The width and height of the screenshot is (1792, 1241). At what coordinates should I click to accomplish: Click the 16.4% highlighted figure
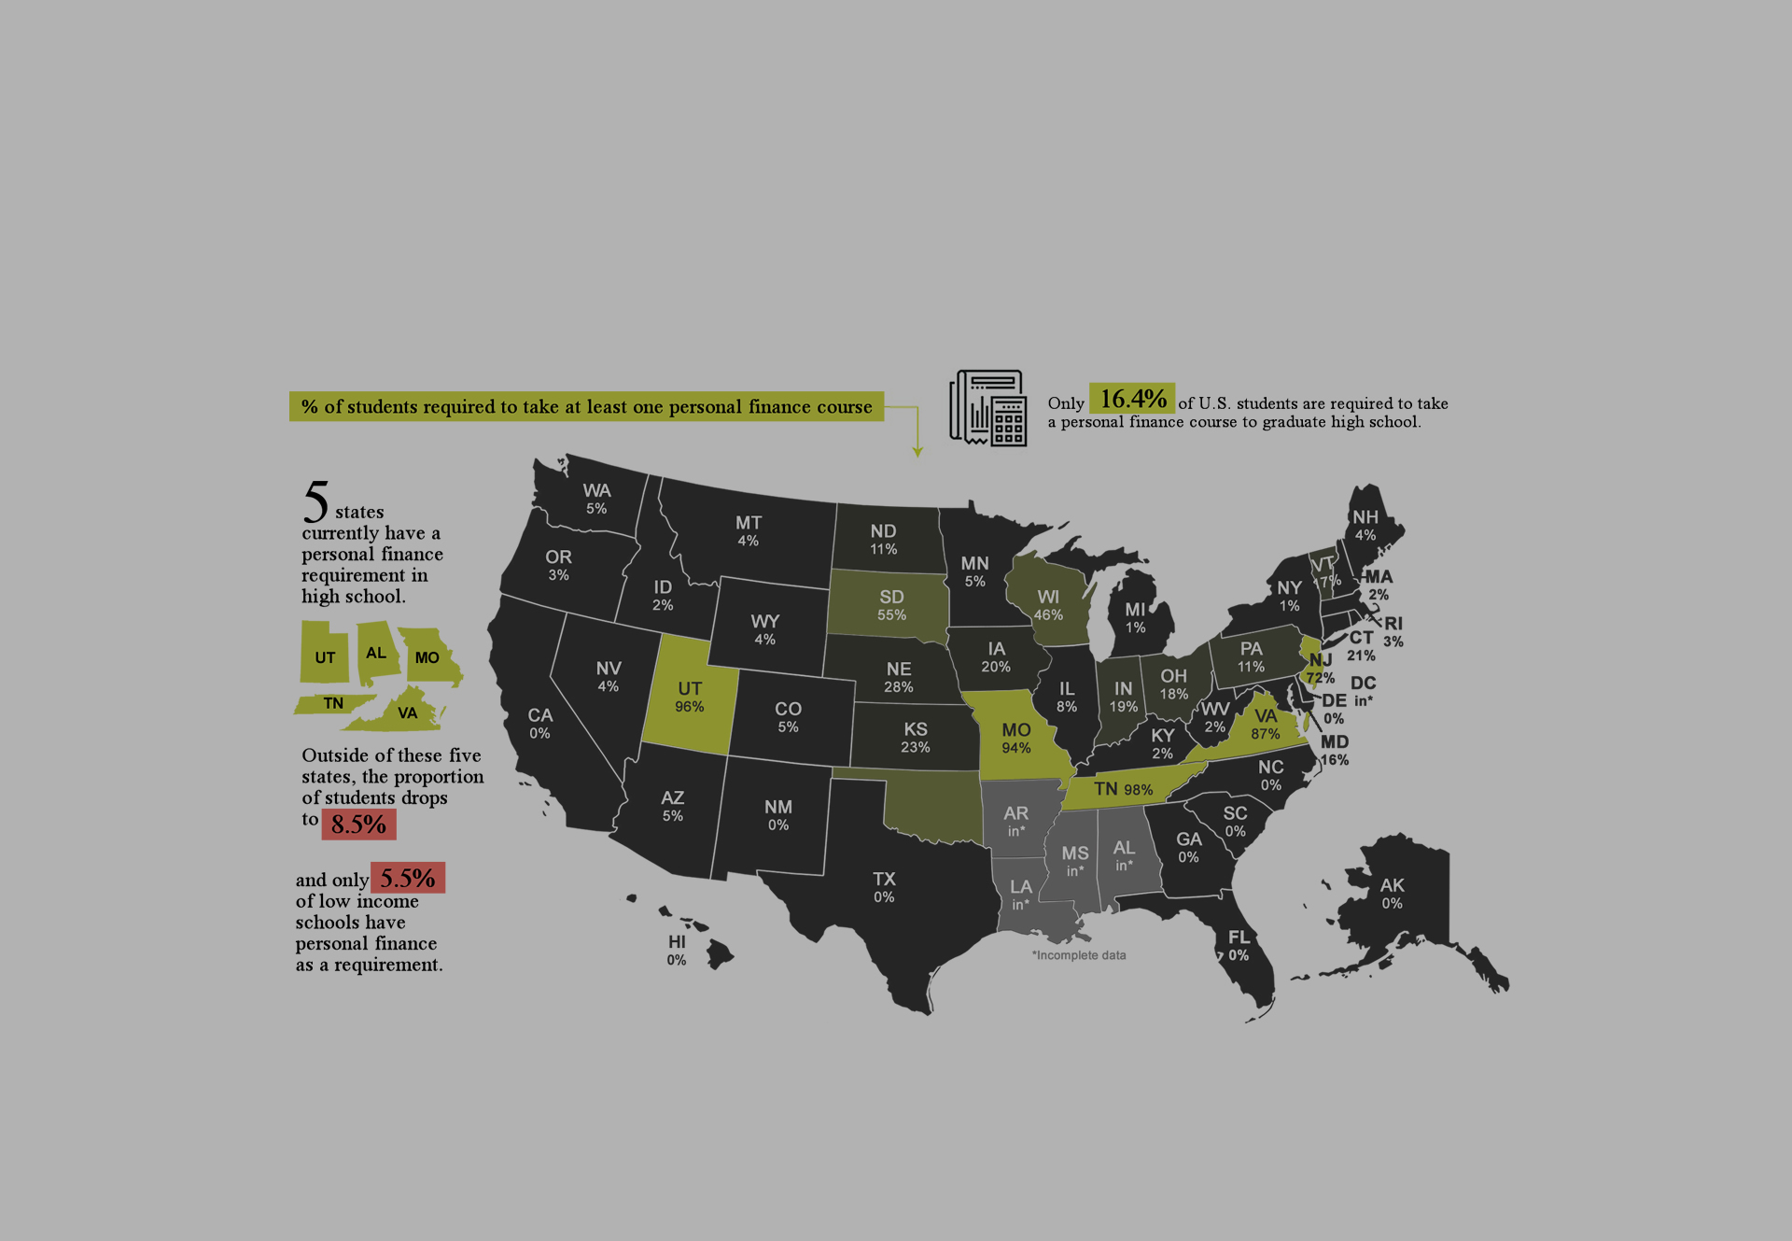click(1131, 399)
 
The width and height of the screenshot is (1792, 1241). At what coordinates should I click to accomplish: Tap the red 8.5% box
click(358, 824)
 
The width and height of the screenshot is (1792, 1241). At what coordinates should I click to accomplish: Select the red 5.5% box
click(408, 878)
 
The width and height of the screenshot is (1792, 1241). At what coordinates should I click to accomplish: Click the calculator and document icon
click(988, 408)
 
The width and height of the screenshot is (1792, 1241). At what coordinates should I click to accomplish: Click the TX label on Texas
click(884, 879)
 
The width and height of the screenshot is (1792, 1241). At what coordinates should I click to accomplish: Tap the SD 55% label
click(891, 605)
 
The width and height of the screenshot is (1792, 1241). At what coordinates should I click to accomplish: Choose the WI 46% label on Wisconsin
click(1048, 605)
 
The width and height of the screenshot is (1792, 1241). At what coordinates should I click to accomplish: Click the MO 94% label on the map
click(1016, 738)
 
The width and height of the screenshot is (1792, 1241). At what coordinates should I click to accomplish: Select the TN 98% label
click(1123, 789)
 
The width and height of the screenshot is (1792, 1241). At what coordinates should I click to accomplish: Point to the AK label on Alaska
click(1392, 884)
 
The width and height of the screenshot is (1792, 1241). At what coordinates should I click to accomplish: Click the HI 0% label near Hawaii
click(677, 951)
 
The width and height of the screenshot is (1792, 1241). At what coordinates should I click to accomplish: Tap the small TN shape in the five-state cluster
click(333, 704)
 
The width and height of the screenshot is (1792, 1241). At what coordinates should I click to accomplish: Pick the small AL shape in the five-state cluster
click(376, 652)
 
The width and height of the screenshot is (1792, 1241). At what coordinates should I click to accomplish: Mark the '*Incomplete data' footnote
click(1079, 955)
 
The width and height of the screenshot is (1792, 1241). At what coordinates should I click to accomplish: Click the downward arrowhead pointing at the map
click(917, 452)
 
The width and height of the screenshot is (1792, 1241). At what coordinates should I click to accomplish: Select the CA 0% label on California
click(539, 724)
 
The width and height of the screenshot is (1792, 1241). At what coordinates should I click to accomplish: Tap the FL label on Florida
click(1239, 937)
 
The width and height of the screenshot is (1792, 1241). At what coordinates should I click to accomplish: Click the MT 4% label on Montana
click(749, 530)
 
